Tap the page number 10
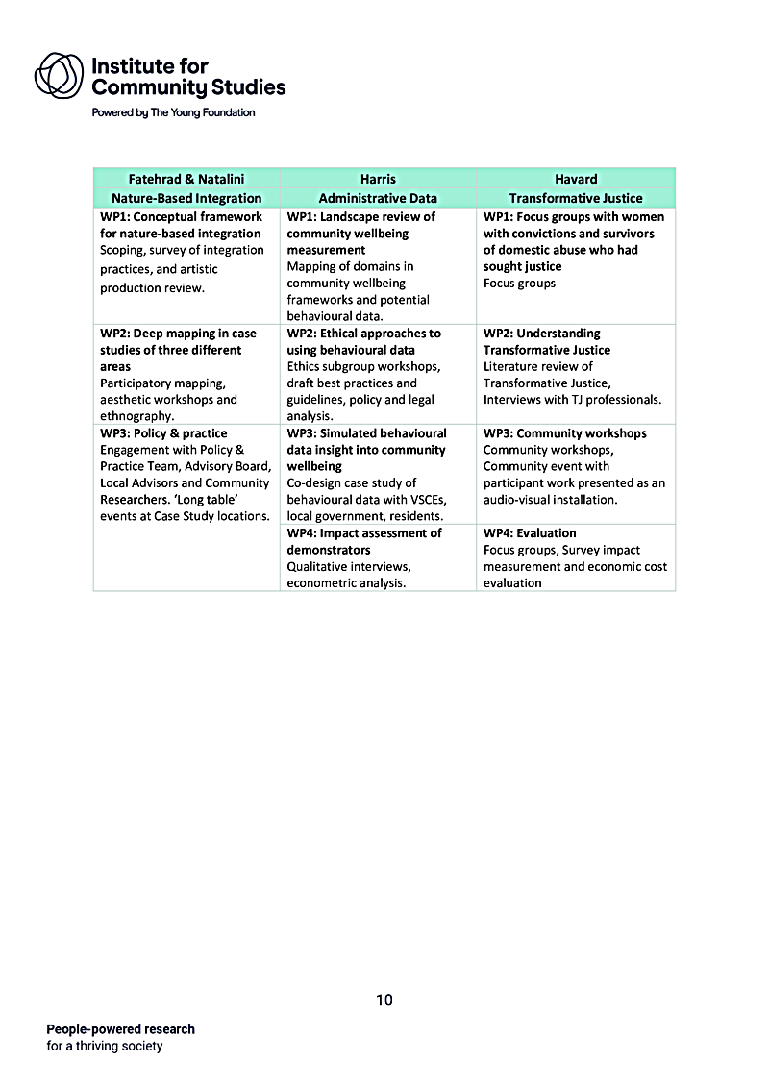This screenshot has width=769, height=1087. point(384,1001)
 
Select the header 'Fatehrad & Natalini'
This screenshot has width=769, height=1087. point(186,179)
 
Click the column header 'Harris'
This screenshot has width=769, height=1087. point(378,179)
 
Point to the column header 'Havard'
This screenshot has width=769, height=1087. point(576,179)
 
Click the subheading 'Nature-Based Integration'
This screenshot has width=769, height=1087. point(186,198)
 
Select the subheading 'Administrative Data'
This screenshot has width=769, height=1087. point(378,198)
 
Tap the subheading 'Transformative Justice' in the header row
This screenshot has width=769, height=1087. point(576,198)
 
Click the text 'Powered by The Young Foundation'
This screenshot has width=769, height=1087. point(173,112)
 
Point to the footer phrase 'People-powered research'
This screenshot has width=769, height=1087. point(121,1028)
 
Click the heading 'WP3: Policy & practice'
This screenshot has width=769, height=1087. point(163,433)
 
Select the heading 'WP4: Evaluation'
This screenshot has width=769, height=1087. point(530,532)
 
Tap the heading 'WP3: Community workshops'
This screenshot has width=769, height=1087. point(565,433)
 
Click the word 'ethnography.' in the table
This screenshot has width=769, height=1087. point(136,416)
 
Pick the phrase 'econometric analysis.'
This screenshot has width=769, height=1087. point(347,582)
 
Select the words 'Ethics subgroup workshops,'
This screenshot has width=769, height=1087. point(364,366)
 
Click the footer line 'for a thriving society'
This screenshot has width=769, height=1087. point(105,1046)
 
